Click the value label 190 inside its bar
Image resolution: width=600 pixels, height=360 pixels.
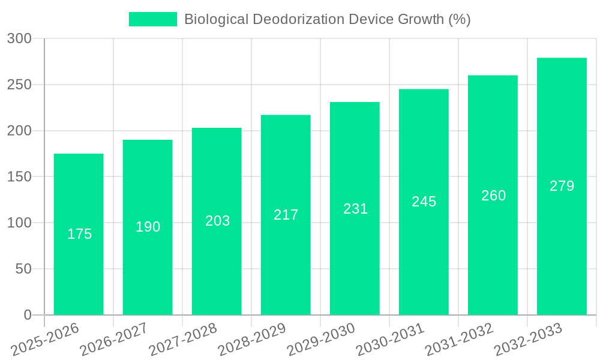pyautogui.click(x=148, y=227)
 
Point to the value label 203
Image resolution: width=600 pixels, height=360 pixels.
pyautogui.click(x=217, y=221)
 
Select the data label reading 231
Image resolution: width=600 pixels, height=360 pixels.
pyautogui.click(x=355, y=209)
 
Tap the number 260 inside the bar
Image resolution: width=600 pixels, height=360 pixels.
pyautogui.click(x=493, y=196)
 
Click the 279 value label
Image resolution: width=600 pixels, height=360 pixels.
pyautogui.click(x=562, y=186)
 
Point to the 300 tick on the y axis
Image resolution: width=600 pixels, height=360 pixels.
pyautogui.click(x=19, y=38)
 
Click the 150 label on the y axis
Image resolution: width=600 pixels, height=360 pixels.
pyautogui.click(x=19, y=177)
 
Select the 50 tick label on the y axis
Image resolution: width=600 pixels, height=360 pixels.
pyautogui.click(x=23, y=269)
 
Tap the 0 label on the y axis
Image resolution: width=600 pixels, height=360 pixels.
pyautogui.click(x=28, y=315)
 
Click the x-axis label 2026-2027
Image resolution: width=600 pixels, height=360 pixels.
pyautogui.click(x=113, y=340)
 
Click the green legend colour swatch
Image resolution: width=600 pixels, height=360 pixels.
pyautogui.click(x=153, y=19)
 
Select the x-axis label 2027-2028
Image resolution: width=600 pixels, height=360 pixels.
pyautogui.click(x=182, y=340)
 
